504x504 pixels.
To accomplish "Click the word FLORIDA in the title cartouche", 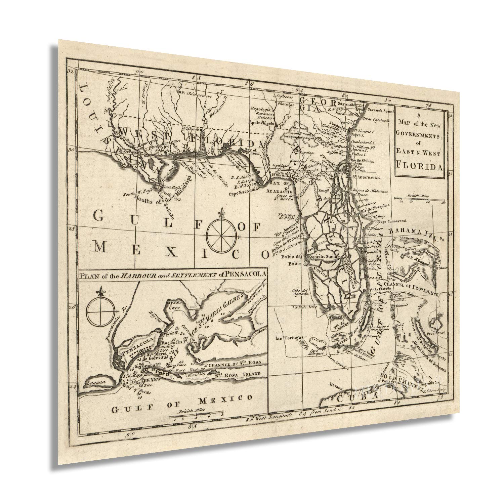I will tap(421, 165).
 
